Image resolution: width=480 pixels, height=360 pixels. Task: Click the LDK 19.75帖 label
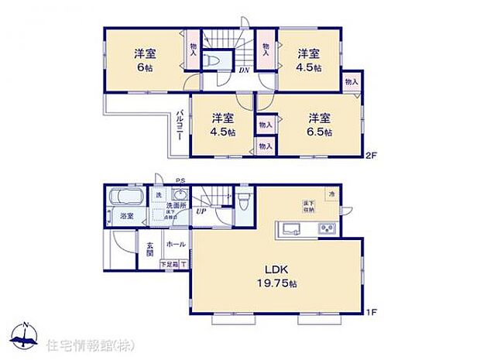(277, 275)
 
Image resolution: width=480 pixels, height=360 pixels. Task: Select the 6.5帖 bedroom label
(319, 125)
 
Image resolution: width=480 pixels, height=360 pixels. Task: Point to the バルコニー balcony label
(179, 124)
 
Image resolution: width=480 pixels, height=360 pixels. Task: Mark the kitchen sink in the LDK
(292, 228)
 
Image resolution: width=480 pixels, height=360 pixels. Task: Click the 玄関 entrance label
(149, 247)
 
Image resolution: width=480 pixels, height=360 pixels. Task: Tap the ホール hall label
(175, 243)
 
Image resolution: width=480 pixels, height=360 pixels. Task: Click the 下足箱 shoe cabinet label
(168, 264)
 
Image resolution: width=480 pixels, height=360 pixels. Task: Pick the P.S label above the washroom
(180, 182)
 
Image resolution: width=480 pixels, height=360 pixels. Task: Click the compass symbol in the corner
(26, 334)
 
